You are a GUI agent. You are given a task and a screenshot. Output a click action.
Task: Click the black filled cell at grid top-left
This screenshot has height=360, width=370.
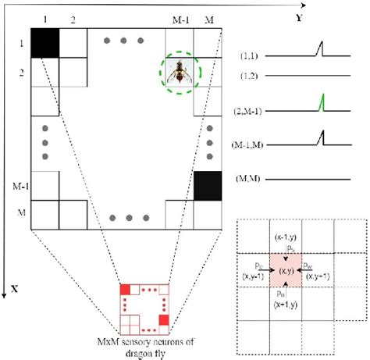45,45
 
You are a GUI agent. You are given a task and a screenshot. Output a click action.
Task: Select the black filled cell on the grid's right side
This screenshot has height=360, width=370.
208,186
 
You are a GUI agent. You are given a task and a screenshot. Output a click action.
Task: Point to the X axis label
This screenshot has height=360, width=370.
13,288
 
